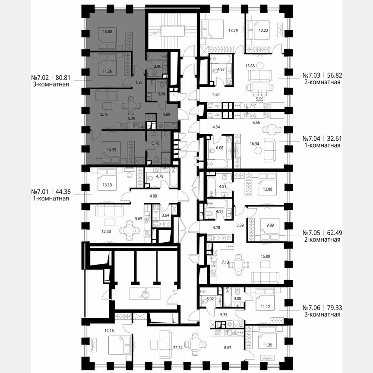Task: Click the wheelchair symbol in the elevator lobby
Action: (x=143, y=293)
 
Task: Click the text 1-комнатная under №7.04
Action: (x=321, y=145)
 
